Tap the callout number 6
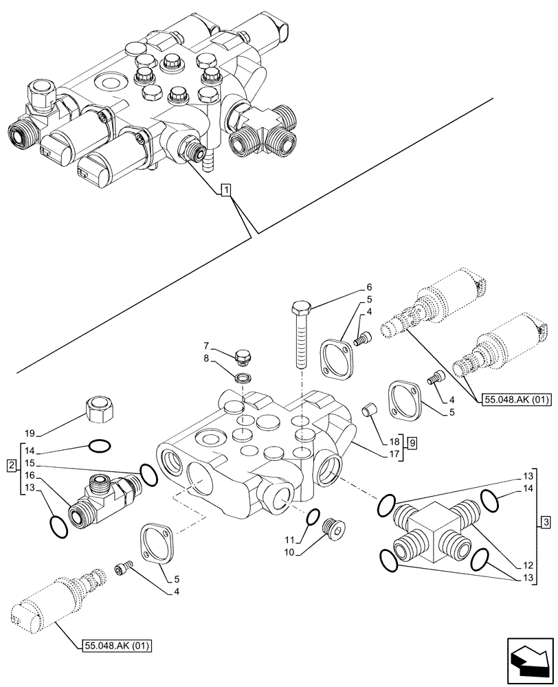[368, 287]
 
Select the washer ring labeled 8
[243, 377]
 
